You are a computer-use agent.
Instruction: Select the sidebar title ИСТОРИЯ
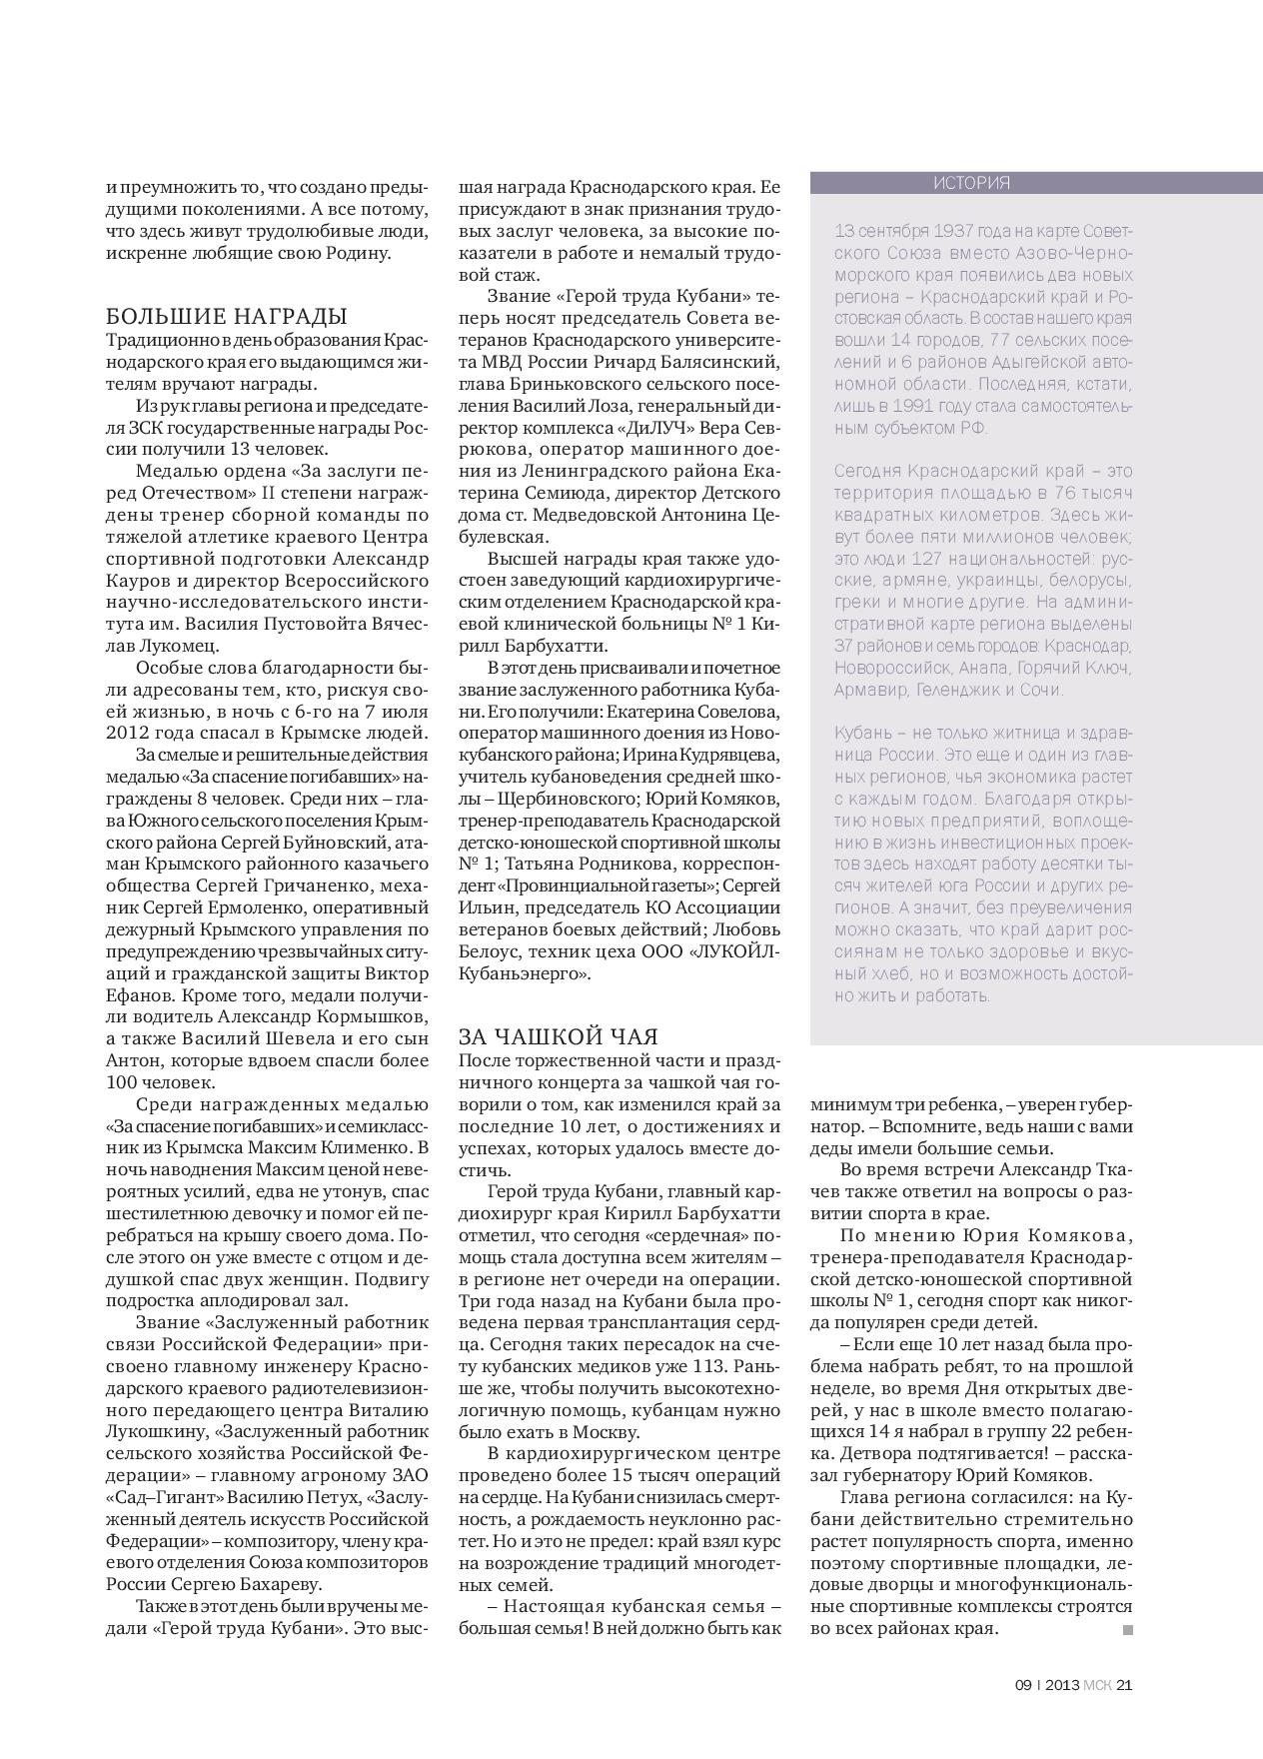coord(971,183)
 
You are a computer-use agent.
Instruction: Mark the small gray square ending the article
coord(1127,1630)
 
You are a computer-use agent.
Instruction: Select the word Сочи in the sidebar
coord(1043,690)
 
